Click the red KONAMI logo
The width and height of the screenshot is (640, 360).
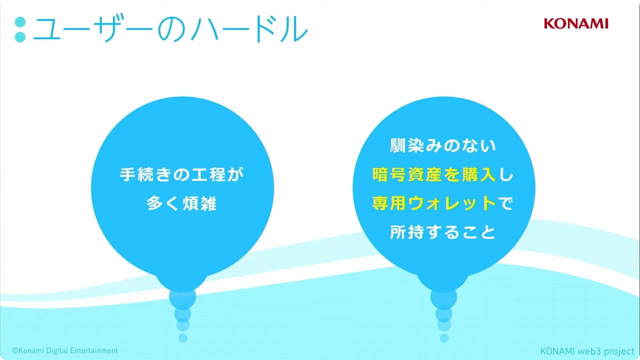[x=576, y=23]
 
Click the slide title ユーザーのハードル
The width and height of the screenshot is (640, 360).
[x=170, y=29]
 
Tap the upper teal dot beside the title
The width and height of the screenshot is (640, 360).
[x=20, y=22]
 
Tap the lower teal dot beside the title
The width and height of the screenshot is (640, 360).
[x=20, y=37]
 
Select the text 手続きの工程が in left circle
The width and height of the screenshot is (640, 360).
[x=182, y=174]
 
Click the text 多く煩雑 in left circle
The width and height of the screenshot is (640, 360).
[x=182, y=203]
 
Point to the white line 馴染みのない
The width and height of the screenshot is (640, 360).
[x=443, y=145]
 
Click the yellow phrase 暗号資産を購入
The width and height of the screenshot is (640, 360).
[x=434, y=174]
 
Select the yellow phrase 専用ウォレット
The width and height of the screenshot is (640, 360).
[x=434, y=203]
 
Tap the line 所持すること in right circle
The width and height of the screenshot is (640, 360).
[x=443, y=232]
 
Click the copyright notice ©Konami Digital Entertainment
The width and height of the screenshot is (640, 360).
[x=65, y=350]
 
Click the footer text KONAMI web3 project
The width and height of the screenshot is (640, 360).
[x=587, y=351]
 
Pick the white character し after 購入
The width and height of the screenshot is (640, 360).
[x=506, y=174]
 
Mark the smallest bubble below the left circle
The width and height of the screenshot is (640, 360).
[x=183, y=338]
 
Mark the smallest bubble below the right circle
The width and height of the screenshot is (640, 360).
[x=444, y=338]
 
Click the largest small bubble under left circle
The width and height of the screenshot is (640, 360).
[x=182, y=297]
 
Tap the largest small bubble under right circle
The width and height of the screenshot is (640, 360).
[x=443, y=297]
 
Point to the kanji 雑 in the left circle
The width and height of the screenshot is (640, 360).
[x=208, y=203]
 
